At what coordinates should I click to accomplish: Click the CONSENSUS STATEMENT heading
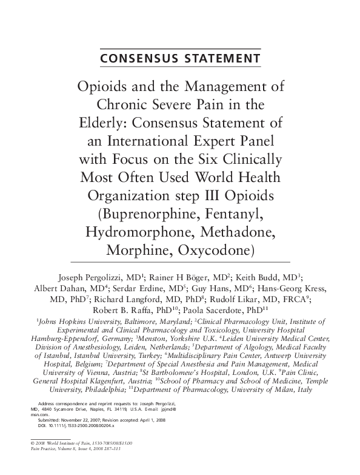point(179,58)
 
